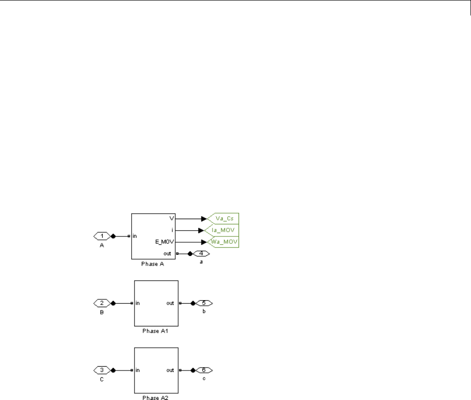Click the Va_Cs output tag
224,219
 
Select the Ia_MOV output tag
224,230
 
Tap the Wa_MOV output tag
224,241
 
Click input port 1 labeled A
102,236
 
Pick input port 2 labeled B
102,303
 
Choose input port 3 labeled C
102,370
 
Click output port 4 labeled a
201,253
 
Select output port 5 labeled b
204,303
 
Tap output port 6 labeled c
204,370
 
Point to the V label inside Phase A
171,219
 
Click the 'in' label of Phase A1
138,303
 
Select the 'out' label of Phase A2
170,370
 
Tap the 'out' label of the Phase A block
167,253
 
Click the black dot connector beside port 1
113,236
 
